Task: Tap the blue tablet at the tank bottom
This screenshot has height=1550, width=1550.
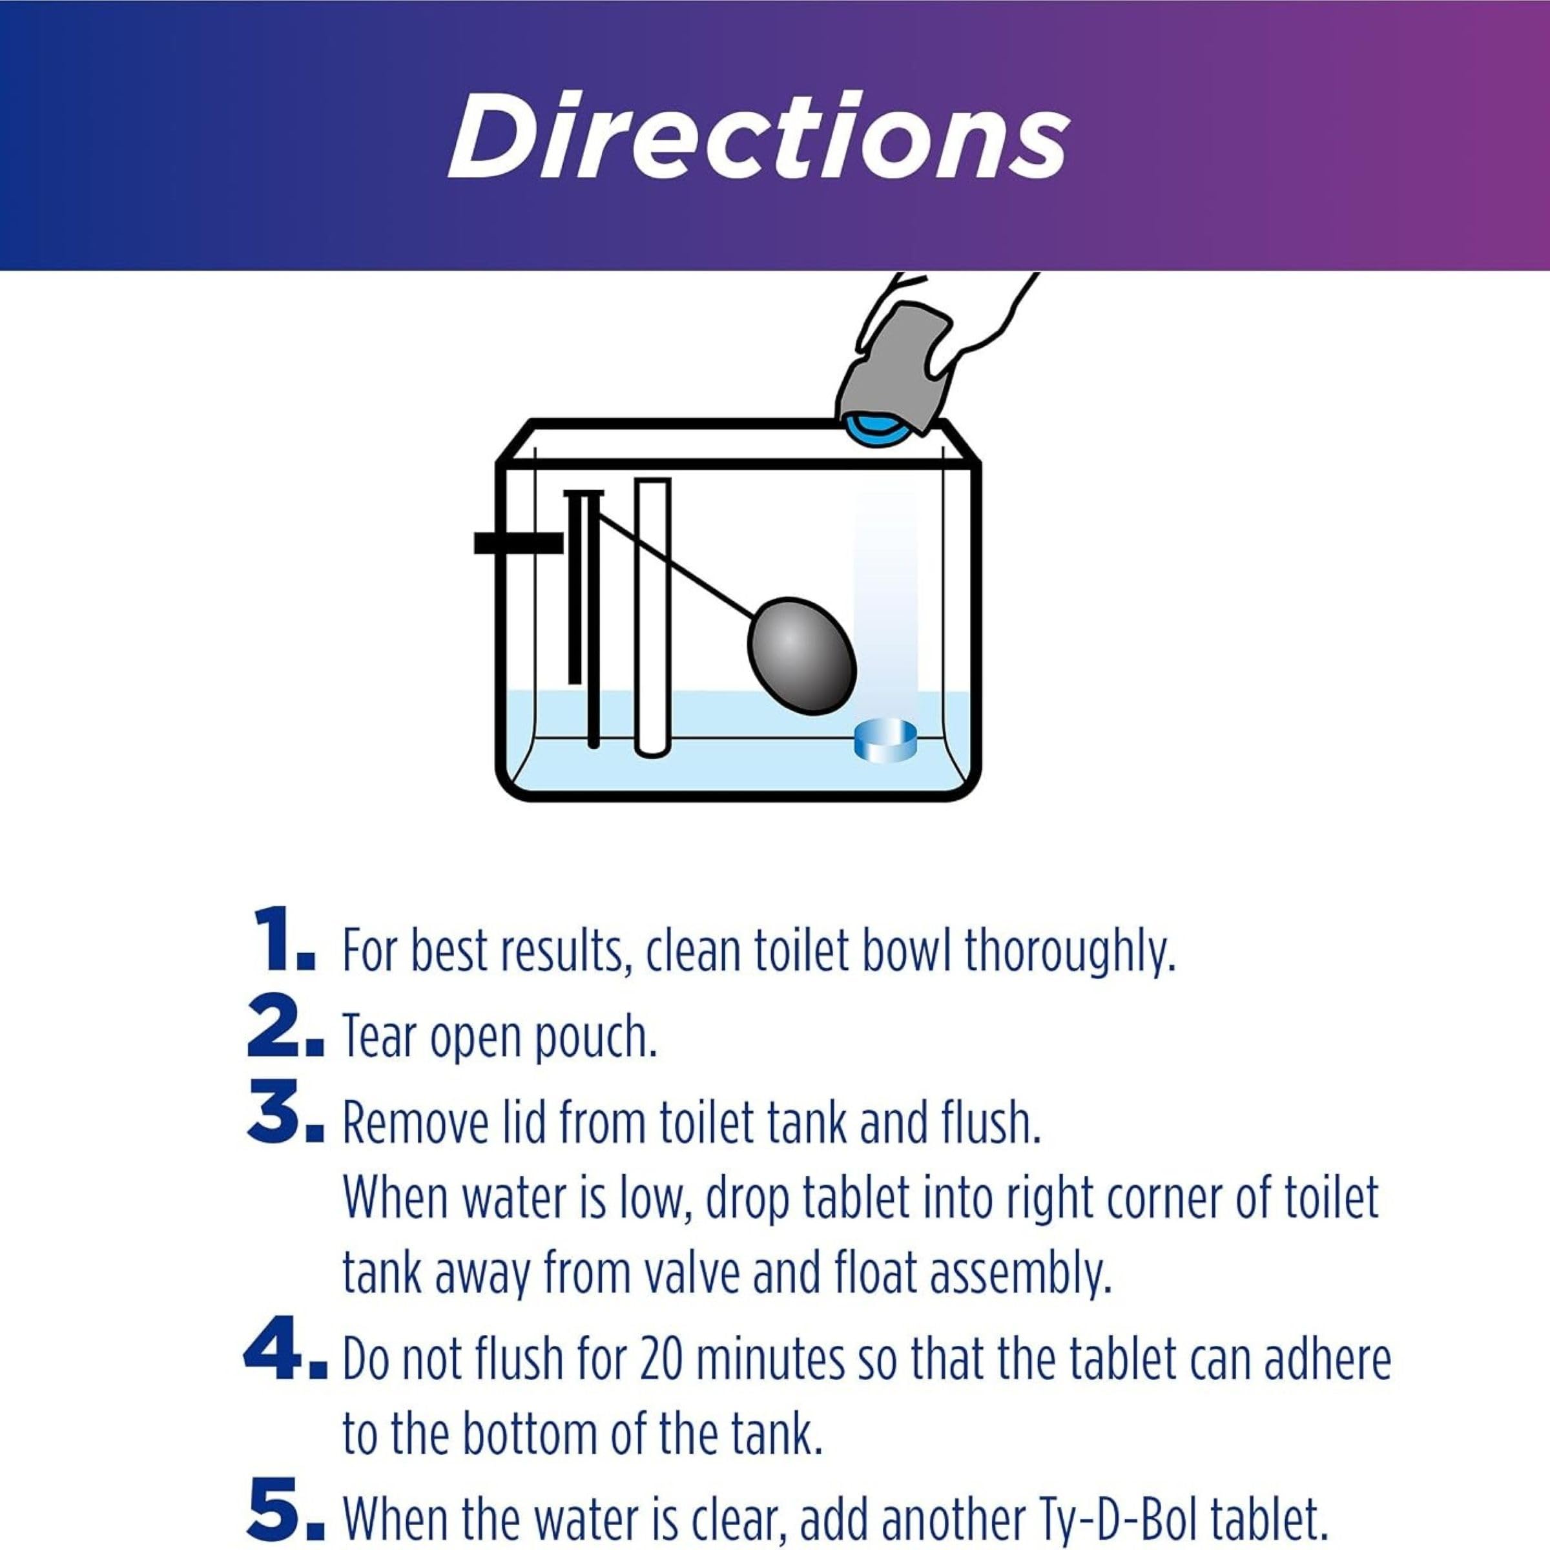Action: pyautogui.click(x=884, y=739)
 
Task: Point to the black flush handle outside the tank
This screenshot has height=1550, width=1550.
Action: pyautogui.click(x=518, y=543)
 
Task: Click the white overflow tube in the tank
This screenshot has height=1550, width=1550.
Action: pyautogui.click(x=652, y=618)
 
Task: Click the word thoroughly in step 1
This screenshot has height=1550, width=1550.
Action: pyautogui.click(x=1070, y=951)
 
